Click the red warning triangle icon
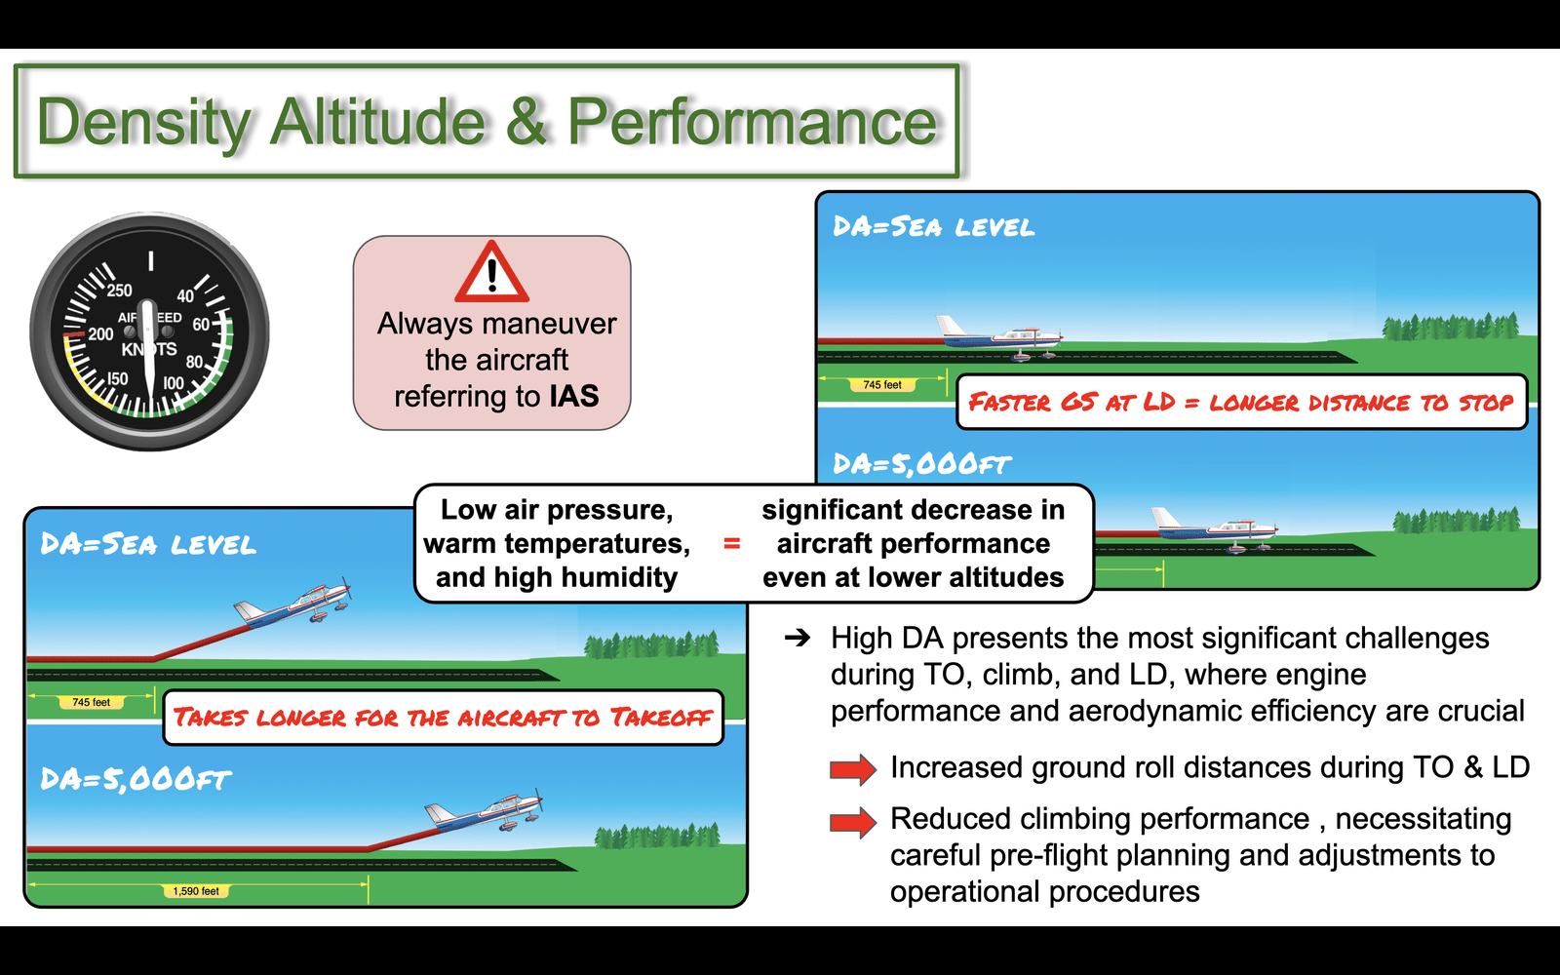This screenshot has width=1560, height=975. click(491, 272)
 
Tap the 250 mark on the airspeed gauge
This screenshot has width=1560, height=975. click(119, 291)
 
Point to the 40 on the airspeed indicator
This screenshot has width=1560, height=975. click(185, 296)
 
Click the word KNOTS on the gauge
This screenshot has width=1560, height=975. click(150, 349)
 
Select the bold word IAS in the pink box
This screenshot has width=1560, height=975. click(574, 396)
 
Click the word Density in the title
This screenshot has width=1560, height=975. click(144, 123)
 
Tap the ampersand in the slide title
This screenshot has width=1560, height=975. click(526, 121)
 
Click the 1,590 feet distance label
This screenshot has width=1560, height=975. click(196, 891)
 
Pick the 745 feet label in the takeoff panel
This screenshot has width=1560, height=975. click(92, 702)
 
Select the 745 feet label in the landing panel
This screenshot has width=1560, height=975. click(882, 384)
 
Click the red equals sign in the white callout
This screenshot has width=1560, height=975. click(731, 543)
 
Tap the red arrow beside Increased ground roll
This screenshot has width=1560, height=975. click(853, 769)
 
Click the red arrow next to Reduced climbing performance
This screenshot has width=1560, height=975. click(853, 822)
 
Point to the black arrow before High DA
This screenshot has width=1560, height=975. click(798, 638)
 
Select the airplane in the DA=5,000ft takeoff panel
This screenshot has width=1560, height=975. click(484, 810)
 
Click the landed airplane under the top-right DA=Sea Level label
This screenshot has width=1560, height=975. click(1000, 338)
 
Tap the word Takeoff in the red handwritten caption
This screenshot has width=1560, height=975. click(661, 718)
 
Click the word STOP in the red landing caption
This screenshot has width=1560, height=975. click(1486, 403)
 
